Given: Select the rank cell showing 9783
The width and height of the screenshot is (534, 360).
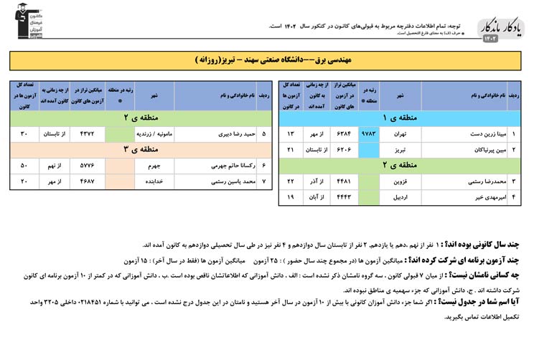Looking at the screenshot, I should tap(369, 134).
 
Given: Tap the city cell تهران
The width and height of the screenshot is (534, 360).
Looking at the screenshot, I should tap(400, 134).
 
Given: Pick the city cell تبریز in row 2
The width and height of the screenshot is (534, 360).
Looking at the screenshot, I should tap(400, 150).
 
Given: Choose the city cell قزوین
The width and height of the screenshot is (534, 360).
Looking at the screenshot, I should tap(400, 181).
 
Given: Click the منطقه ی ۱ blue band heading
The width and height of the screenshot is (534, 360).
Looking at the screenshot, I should tap(400, 118).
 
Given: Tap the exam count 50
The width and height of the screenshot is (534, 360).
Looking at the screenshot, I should tap(24, 166).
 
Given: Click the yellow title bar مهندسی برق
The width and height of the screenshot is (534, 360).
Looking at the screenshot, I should tap(267, 60).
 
